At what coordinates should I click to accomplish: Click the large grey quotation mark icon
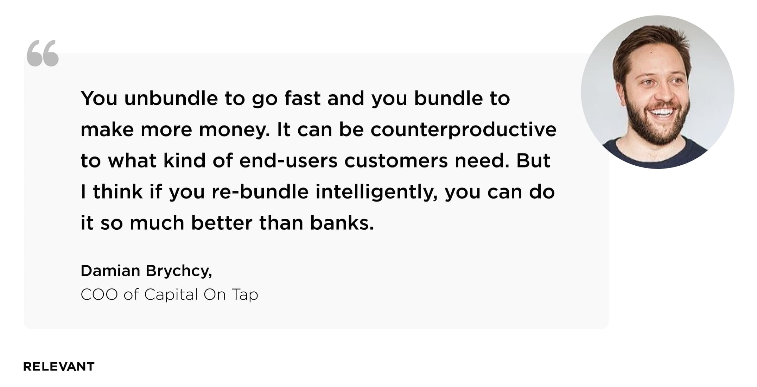[43, 53]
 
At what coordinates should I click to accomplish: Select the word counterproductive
[464, 130]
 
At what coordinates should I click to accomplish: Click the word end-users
[288, 160]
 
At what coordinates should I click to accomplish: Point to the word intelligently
[376, 192]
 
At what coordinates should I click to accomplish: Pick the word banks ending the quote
[342, 223]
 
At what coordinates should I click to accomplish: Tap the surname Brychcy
[179, 271]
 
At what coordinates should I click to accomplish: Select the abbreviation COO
[99, 294]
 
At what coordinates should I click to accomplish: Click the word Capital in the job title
[171, 295]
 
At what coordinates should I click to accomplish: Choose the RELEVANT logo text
[59, 367]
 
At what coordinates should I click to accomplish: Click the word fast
[303, 98]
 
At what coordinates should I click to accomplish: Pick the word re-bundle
[260, 192]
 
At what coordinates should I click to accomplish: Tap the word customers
[396, 161]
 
